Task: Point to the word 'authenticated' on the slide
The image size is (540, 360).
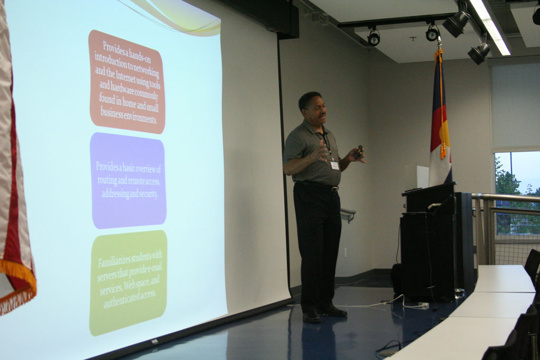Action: coord(121,300)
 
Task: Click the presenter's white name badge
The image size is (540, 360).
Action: coord(335,166)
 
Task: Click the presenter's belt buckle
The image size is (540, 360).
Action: coord(334,189)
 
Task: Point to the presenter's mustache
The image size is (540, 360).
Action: coord(322,116)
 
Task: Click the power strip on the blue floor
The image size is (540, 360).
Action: coord(422,305)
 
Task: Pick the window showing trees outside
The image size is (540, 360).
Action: coord(517,193)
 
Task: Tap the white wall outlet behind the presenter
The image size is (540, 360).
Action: coord(346,252)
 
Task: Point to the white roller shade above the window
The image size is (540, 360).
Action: coord(515,106)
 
